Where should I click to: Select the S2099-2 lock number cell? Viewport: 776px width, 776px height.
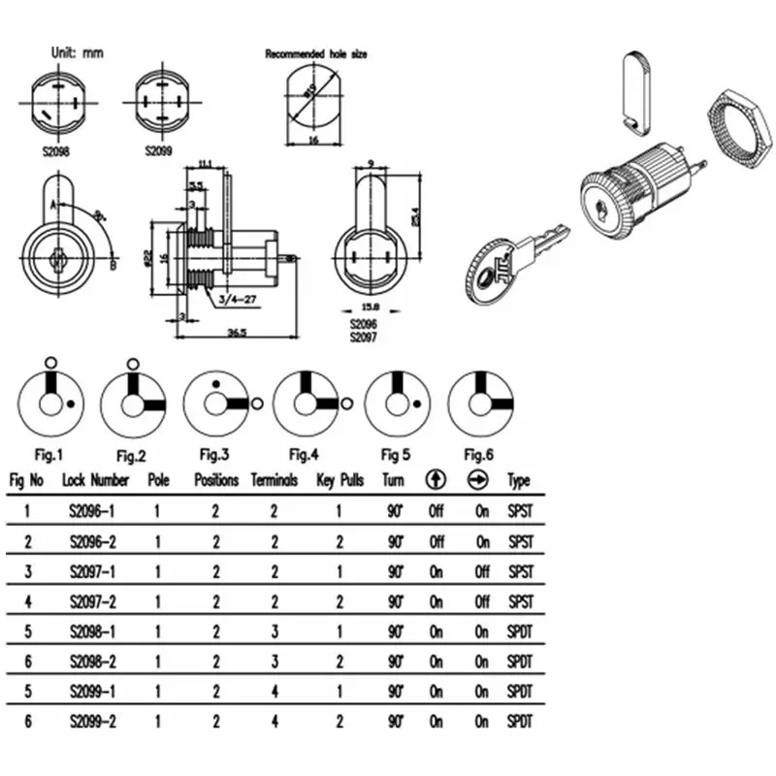pos(94,721)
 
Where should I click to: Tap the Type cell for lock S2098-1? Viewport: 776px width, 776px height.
pos(519,631)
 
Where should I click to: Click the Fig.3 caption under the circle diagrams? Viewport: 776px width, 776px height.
pos(213,454)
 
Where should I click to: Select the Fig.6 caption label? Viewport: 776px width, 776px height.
pos(480,454)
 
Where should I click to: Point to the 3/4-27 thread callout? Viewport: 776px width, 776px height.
pos(238,299)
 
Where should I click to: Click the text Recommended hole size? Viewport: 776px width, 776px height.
pos(316,54)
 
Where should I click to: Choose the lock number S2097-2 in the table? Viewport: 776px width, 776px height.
pos(94,601)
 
